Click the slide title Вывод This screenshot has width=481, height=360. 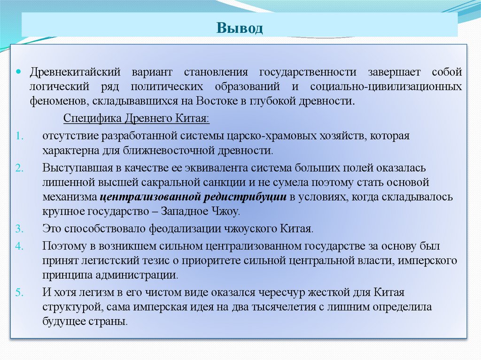pos(240,28)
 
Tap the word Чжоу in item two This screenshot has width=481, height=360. pos(227,211)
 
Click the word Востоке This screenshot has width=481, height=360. pos(225,101)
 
